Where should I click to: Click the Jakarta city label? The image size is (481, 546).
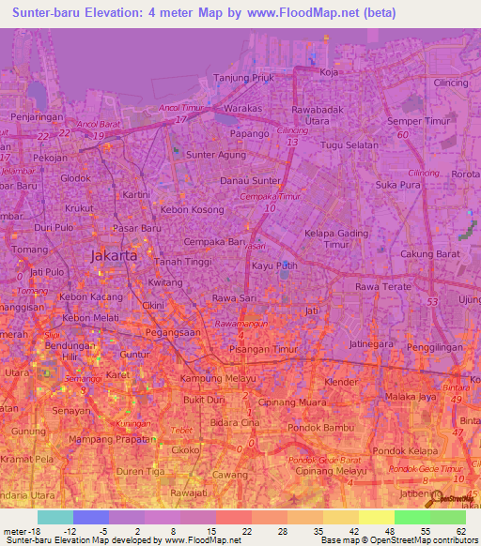(116, 255)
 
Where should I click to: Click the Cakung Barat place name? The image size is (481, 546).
(429, 253)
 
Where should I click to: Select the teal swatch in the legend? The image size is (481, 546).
(55, 517)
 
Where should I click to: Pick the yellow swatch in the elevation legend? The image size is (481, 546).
(376, 517)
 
